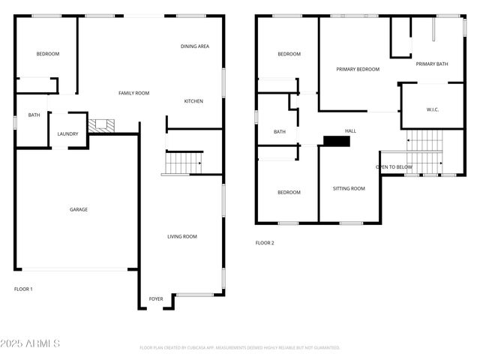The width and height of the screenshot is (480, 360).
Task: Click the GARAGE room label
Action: point(79,210)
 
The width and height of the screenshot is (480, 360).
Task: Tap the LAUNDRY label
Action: point(67,135)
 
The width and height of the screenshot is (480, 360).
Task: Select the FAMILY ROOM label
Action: point(134,93)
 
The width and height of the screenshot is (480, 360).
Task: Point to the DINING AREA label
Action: point(194,46)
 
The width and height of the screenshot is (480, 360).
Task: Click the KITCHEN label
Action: point(193,101)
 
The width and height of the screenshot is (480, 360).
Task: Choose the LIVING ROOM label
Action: point(181,237)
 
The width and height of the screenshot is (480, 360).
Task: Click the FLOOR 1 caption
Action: point(23,289)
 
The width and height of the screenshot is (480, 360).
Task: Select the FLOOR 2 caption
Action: point(265,243)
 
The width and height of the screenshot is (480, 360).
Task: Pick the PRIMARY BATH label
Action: point(432,64)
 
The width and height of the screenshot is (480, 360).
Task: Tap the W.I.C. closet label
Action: point(433,109)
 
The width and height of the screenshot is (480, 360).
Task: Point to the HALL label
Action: point(350,130)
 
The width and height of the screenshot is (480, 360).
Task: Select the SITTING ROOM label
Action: point(349,188)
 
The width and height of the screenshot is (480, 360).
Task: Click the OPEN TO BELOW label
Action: point(394,166)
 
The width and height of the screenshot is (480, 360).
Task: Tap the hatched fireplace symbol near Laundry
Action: point(98,126)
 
